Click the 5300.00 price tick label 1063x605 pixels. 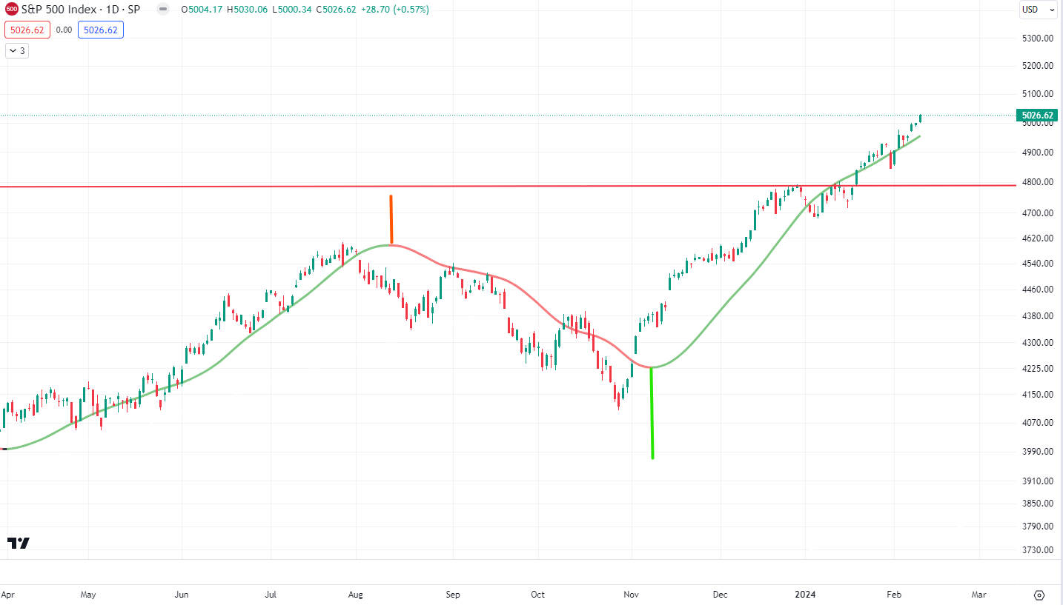1038,38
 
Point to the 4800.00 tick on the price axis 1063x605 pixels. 1038,182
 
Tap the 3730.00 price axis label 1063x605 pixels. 1038,550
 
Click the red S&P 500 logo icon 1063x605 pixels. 11,10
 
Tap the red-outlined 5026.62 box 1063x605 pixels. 27,30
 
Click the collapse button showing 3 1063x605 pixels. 16,51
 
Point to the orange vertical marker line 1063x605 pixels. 391,219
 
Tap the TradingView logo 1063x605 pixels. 19,543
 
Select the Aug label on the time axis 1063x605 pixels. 356,595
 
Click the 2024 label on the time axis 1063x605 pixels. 805,595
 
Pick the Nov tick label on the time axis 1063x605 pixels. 632,595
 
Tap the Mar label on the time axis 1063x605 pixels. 978,595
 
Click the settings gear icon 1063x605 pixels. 1039,595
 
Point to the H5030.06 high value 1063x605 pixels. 247,10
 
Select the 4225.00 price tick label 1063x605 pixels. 1038,369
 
